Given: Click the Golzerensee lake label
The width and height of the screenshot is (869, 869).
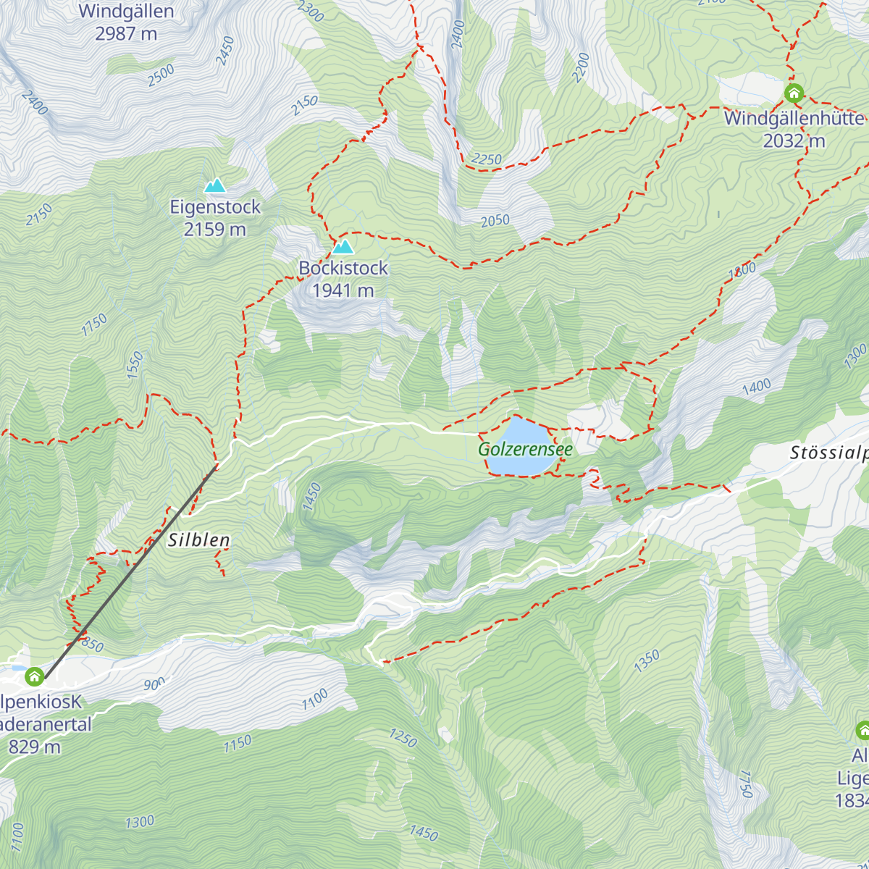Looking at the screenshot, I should [525, 449].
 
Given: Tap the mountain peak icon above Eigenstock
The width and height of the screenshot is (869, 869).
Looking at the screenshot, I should [214, 186].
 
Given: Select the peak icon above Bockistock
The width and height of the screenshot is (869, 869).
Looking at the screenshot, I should [343, 247].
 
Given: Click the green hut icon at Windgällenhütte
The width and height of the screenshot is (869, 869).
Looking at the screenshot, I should [794, 93].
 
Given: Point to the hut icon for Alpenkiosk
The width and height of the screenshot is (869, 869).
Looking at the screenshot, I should [34, 677].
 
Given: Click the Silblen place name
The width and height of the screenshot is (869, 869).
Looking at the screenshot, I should [199, 540].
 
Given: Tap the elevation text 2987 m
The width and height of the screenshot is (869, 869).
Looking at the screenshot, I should [126, 33].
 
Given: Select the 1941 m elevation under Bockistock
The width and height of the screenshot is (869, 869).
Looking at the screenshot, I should [343, 290].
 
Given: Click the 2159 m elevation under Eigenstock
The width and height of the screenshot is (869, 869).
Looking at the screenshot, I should [215, 230].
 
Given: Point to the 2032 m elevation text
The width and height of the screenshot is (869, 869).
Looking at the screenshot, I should [794, 140].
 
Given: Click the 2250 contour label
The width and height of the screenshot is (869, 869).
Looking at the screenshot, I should [486, 159].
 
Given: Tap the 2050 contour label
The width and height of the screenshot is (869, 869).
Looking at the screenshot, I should [495, 221].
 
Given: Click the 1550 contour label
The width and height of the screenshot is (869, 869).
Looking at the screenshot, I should [135, 365].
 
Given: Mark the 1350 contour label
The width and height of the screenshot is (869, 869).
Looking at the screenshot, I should [647, 660].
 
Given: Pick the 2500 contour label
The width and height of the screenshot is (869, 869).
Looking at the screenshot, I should [161, 75].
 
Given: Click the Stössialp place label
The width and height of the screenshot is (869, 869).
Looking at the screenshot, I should [828, 453].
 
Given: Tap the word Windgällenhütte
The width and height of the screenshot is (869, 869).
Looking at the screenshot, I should [794, 118].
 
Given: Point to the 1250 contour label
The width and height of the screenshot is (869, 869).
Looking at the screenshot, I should [403, 737].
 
